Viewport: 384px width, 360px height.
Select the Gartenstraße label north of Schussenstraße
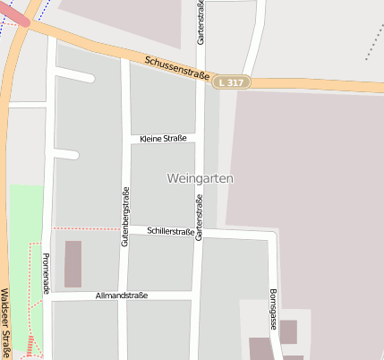[x=202, y=23]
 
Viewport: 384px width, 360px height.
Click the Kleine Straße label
[x=163, y=138]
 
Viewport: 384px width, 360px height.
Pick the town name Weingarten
[x=200, y=178]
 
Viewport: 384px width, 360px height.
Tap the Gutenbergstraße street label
[x=125, y=216]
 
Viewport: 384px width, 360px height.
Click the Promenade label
[x=46, y=274]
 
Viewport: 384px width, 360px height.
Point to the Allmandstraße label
[x=120, y=295]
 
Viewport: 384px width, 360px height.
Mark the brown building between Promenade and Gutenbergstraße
[x=73, y=263]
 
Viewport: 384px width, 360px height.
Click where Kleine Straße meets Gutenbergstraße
[x=126, y=139]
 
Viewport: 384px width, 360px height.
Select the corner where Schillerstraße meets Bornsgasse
[x=271, y=235]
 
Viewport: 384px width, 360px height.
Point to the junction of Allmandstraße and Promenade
[x=48, y=297]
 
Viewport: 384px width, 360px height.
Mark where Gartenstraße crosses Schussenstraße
[x=203, y=79]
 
